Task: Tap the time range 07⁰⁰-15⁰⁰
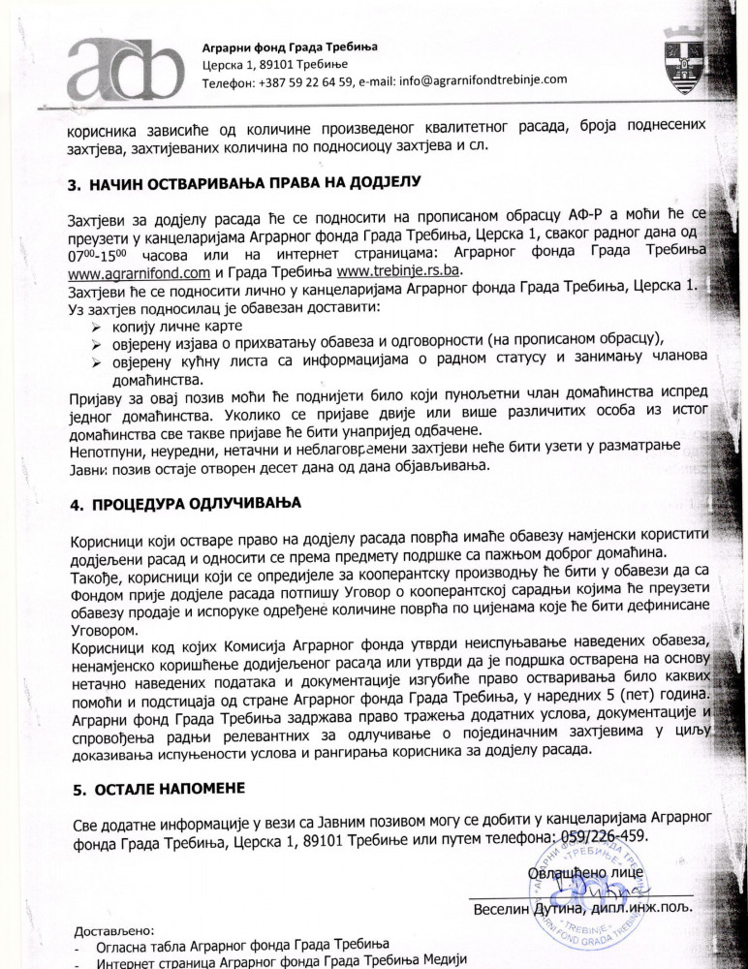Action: [x=103, y=256]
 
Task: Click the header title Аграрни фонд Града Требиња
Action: [x=290, y=47]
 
